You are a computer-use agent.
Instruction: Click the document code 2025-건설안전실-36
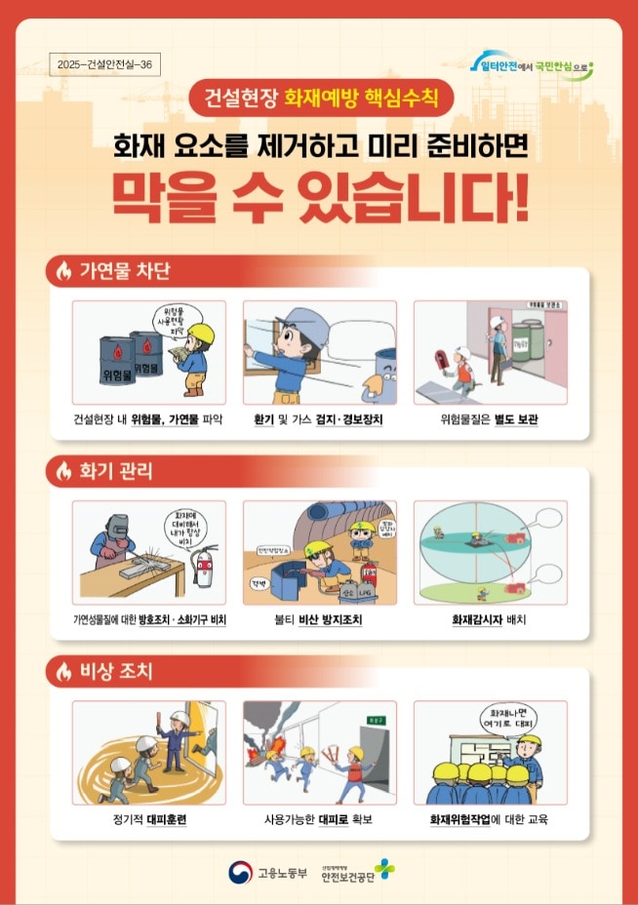tap(104, 64)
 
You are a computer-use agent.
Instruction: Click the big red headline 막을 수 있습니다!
tap(319, 199)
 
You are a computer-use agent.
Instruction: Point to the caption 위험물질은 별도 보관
tap(490, 420)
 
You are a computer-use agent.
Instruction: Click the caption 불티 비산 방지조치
tap(319, 619)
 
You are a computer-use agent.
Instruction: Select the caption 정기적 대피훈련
tap(149, 819)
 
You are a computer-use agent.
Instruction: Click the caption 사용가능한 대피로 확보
tap(319, 819)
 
